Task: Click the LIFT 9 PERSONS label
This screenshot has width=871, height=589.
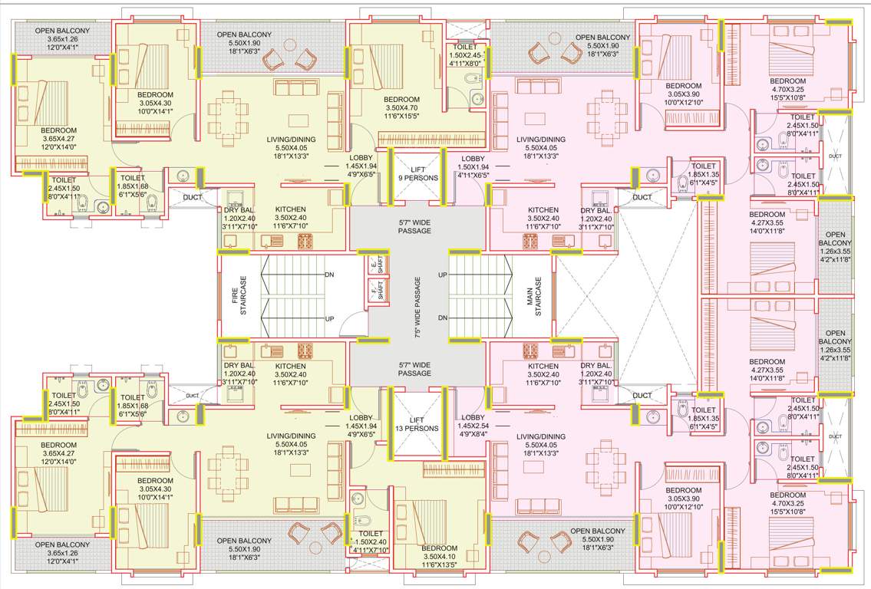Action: (416, 173)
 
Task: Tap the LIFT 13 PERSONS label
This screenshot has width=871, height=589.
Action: (416, 424)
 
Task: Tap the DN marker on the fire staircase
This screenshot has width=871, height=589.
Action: (329, 274)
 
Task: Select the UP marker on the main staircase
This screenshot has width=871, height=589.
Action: (442, 274)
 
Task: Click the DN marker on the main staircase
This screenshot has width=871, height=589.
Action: (442, 318)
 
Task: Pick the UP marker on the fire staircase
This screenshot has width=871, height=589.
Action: (329, 318)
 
